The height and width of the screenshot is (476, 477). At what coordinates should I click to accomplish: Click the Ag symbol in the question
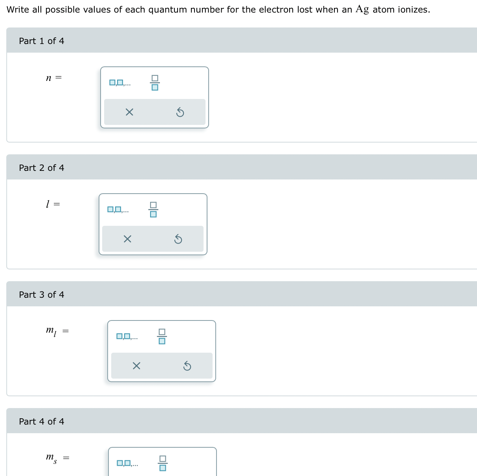tap(362, 9)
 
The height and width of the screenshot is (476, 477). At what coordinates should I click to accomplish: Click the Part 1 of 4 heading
tap(41, 41)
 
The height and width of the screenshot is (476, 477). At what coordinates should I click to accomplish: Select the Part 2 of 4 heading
tap(41, 168)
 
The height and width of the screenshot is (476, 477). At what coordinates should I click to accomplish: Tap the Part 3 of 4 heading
tap(41, 295)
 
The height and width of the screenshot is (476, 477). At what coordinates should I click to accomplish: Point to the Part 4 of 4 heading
tap(41, 421)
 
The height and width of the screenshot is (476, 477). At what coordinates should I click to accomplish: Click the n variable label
tap(49, 78)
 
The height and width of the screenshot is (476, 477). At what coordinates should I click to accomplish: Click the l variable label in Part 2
tap(48, 204)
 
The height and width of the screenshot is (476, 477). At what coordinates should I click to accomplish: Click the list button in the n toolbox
tap(120, 83)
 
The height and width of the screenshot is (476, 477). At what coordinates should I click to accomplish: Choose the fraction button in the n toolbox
tap(155, 83)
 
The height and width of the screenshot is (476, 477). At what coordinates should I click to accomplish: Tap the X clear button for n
tap(129, 112)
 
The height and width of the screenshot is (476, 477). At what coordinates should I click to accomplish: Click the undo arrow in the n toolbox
tap(180, 113)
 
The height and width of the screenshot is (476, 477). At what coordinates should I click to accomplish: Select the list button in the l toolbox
tap(118, 210)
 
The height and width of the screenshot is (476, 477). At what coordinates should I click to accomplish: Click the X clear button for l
tap(127, 239)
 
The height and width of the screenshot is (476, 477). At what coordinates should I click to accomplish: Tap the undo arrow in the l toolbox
tap(178, 239)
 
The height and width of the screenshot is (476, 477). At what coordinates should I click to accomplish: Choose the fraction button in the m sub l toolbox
tap(162, 337)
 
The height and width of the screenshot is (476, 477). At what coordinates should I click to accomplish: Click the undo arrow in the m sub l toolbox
tap(187, 366)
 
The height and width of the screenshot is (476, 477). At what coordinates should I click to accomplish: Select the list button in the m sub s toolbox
tap(127, 463)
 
